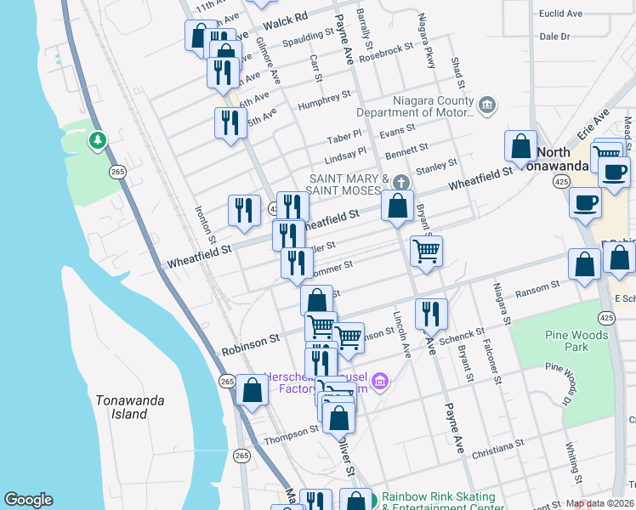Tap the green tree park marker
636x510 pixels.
[x=98, y=139]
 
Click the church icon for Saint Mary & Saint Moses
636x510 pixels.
[x=402, y=183]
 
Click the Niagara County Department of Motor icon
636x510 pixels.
[x=486, y=106]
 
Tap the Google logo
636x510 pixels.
[x=28, y=500]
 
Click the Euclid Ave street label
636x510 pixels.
[x=561, y=14]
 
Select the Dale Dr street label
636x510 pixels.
[x=554, y=37]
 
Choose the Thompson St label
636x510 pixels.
[x=291, y=435]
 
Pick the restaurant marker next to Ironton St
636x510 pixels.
[x=244, y=210]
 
